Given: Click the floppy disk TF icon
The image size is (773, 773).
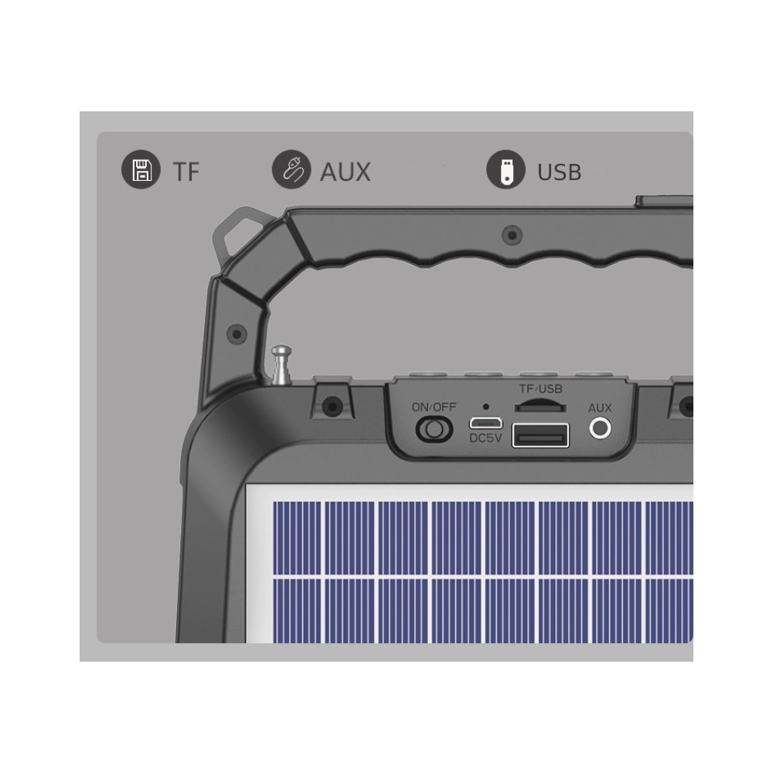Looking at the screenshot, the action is coord(141,169).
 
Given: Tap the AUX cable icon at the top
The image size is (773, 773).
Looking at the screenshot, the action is coord(291,169).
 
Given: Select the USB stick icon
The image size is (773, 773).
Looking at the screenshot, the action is coord(506,169).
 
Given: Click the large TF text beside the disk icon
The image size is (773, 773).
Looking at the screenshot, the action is coord(186,172).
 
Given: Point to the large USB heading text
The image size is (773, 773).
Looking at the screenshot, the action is coord(559,172).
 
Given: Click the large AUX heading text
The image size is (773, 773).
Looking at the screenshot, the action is coord(345,172).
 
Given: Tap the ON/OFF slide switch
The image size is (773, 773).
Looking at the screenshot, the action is coord(434,429).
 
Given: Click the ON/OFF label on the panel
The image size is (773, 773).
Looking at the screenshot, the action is coord(434,407).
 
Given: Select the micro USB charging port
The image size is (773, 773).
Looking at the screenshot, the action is coord(485,423).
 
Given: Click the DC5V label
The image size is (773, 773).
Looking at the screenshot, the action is coord(485,438).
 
